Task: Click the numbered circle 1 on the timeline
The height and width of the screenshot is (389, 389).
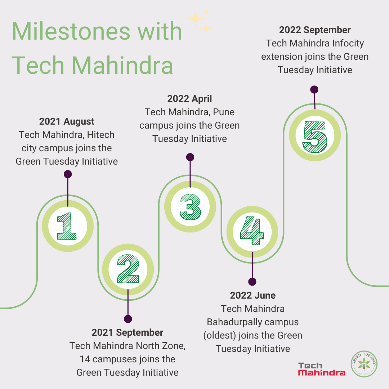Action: click(67, 226)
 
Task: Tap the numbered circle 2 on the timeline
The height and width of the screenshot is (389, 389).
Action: click(128, 269)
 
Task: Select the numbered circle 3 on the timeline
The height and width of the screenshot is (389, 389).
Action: click(190, 207)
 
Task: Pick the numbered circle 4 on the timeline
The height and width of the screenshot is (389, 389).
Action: click(252, 232)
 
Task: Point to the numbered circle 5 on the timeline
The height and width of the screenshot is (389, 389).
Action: click(315, 135)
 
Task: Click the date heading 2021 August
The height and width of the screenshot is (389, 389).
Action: click(67, 122)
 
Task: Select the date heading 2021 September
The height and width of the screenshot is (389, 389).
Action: click(128, 333)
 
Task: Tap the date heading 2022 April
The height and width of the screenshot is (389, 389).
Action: click(189, 99)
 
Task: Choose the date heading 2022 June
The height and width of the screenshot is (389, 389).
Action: click(253, 295)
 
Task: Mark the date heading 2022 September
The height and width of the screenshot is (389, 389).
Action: click(315, 30)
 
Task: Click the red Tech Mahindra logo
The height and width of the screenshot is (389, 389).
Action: click(322, 369)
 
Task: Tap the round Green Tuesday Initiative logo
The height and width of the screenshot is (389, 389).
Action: click(364, 364)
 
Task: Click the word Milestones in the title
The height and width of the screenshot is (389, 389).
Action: click(71, 31)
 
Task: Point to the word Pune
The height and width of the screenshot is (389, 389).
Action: click(224, 112)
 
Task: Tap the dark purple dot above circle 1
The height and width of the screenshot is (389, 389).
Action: click(68, 174)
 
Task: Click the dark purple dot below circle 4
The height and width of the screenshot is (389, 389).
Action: click(252, 282)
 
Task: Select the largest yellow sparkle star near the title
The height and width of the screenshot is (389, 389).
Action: click(196, 18)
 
